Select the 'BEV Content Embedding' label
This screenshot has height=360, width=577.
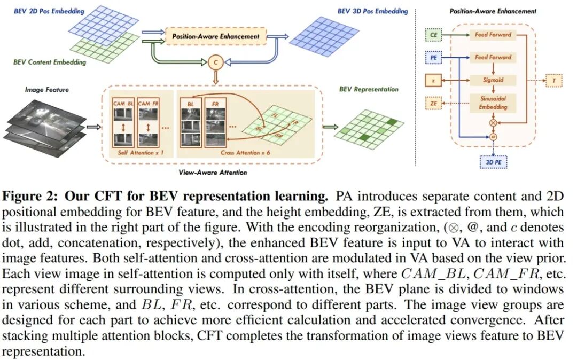50,62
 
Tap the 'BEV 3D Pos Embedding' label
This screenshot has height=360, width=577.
372,11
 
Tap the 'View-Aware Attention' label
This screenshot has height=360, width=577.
212,173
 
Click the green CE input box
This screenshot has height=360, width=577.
433,35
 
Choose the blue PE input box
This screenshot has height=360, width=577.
433,57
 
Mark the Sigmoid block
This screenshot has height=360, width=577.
493,80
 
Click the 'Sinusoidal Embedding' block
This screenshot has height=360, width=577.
493,103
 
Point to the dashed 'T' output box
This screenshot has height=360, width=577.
553,81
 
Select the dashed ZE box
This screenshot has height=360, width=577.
433,103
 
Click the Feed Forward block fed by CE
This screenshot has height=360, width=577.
493,35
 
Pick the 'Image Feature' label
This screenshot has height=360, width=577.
46,90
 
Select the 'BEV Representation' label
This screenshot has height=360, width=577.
369,89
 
